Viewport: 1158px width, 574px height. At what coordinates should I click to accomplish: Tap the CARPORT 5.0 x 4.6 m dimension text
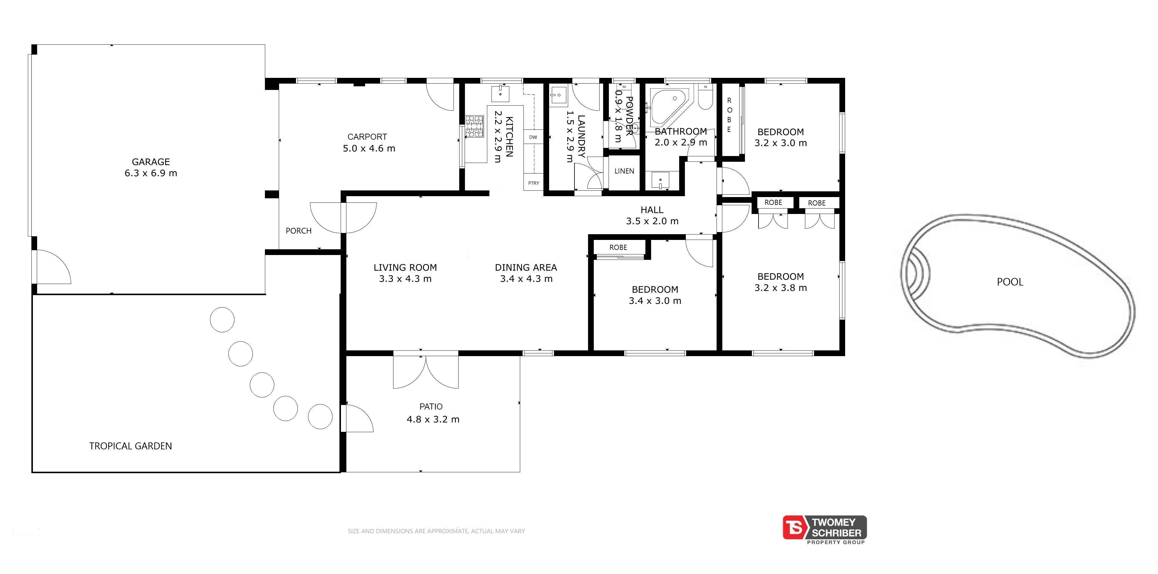pyautogui.click(x=369, y=148)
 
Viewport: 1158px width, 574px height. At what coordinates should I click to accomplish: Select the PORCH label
pyautogui.click(x=298, y=231)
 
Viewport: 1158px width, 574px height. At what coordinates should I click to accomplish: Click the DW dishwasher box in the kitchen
pyautogui.click(x=533, y=137)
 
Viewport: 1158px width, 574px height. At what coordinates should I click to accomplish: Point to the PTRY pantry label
pyautogui.click(x=534, y=183)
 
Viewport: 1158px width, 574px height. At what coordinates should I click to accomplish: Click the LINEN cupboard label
pyautogui.click(x=624, y=171)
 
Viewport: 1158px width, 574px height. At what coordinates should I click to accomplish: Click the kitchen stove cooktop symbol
pyautogui.click(x=474, y=126)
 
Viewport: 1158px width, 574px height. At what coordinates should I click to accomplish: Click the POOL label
pyautogui.click(x=1010, y=282)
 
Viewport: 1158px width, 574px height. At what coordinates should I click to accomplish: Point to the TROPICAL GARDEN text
pyautogui.click(x=130, y=446)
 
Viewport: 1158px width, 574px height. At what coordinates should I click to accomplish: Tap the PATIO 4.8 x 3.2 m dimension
pyautogui.click(x=433, y=419)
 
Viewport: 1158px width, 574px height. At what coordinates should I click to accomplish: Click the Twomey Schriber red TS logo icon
pyautogui.click(x=796, y=527)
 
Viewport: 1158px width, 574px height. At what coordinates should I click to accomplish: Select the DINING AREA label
pyautogui.click(x=526, y=267)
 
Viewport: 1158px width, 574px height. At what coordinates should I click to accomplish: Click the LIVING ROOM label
pyautogui.click(x=405, y=267)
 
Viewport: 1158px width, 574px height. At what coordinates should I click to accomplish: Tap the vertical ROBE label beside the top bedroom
pyautogui.click(x=729, y=115)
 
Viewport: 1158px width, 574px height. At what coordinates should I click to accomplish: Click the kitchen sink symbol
pyautogui.click(x=500, y=94)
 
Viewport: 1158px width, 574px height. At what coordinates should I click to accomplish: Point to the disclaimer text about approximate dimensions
pyautogui.click(x=436, y=531)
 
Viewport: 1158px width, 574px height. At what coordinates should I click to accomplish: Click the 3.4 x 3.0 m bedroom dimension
pyautogui.click(x=655, y=301)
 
